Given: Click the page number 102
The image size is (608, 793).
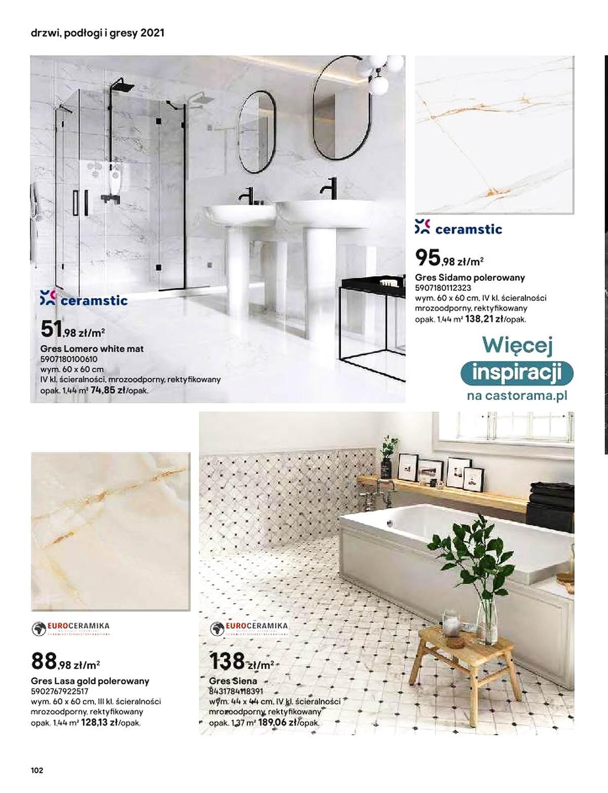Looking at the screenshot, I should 37,771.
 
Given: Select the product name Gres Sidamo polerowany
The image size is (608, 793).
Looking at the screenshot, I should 470,277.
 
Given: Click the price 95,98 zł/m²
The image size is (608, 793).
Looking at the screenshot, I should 449,258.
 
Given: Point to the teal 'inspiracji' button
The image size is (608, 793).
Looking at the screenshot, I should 517,374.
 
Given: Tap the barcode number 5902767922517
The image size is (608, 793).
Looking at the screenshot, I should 60,691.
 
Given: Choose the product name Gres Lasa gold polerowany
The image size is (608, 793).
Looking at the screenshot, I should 90,681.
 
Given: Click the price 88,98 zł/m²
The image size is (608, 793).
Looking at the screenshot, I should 65,661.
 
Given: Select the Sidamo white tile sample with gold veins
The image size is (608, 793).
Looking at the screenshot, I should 495,134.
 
